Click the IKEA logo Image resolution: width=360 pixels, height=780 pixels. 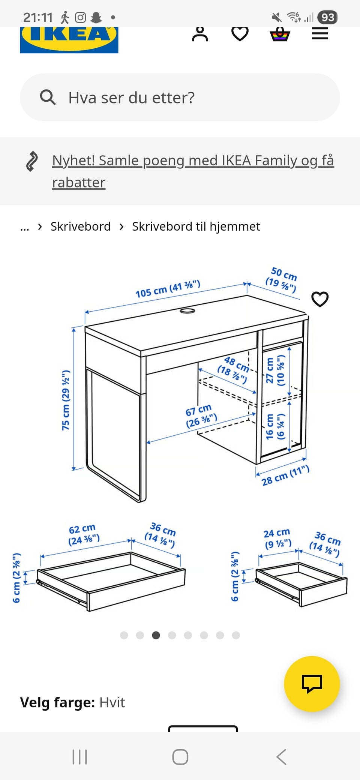[x=69, y=40]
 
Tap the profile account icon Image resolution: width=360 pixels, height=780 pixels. [x=200, y=34]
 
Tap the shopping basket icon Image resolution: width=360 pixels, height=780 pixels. [x=280, y=34]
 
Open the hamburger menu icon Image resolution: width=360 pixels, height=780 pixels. [x=320, y=34]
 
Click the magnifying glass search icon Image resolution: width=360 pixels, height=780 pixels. [x=48, y=97]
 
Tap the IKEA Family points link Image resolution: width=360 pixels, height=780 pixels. [x=193, y=171]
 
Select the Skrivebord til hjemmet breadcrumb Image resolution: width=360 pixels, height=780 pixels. [x=196, y=226]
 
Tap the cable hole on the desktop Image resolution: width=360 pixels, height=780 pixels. [x=187, y=311]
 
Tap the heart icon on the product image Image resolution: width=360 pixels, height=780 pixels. [x=320, y=299]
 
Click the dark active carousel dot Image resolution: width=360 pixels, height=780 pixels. [x=156, y=635]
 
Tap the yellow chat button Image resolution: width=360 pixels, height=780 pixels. [x=312, y=684]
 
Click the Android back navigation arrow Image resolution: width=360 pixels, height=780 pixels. [x=281, y=757]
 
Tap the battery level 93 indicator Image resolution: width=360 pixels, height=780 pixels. [x=327, y=17]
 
